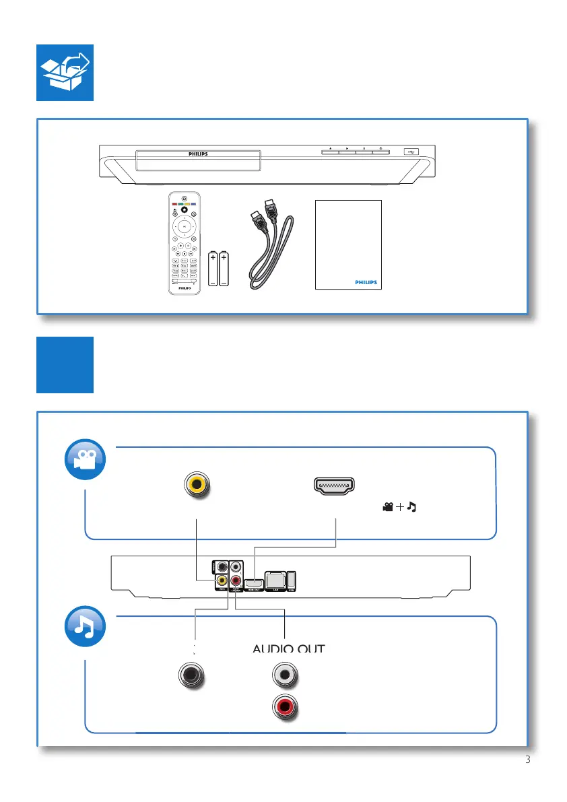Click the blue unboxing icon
tap(65, 73)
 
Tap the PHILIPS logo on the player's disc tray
tap(198, 154)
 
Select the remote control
tap(184, 243)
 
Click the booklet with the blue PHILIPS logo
tap(347, 244)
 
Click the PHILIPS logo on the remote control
tap(184, 287)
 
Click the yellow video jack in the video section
tap(197, 485)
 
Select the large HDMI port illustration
tap(335, 486)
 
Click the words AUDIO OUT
tap(288, 649)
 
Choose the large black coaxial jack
tap(191, 675)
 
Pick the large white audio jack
tap(285, 673)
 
